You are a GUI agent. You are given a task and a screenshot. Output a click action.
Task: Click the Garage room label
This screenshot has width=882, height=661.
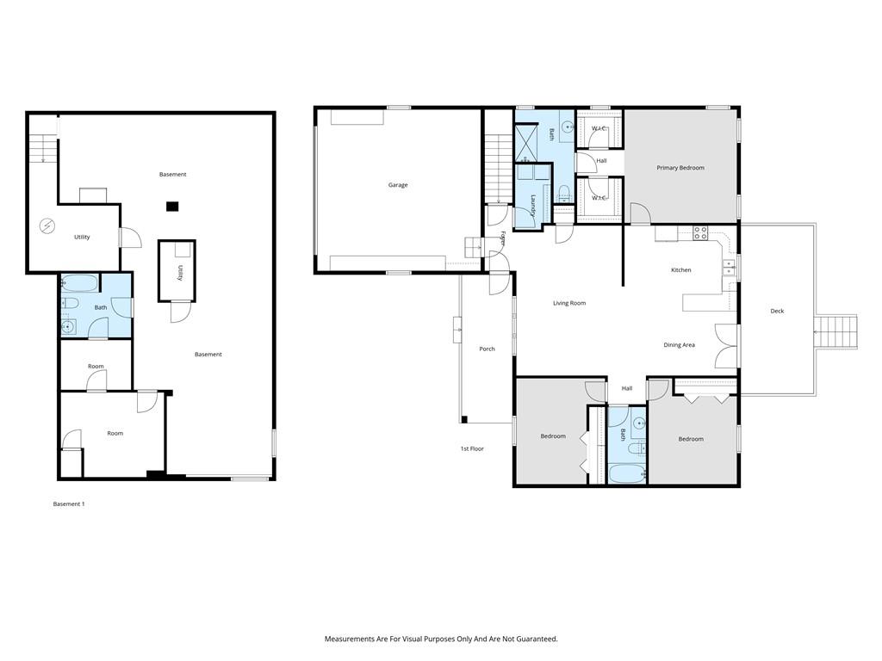pyautogui.click(x=397, y=185)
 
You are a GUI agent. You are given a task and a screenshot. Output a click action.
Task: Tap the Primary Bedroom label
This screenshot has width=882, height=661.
pyautogui.click(x=680, y=168)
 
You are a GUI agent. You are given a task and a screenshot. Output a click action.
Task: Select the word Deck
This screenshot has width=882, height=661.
pyautogui.click(x=777, y=312)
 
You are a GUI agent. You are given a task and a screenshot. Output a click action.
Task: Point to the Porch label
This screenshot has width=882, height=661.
pyautogui.click(x=487, y=349)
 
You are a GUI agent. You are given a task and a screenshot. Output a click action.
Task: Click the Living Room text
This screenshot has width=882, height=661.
pyautogui.click(x=568, y=303)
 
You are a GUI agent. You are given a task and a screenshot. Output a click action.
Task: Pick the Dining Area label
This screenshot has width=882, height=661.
pyautogui.click(x=679, y=345)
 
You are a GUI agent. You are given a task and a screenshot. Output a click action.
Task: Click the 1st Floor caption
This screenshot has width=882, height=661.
pyautogui.click(x=471, y=448)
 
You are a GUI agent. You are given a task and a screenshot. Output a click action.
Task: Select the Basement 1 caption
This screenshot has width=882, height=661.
pyautogui.click(x=69, y=503)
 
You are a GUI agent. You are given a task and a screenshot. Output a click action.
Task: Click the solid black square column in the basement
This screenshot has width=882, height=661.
pyautogui.click(x=172, y=206)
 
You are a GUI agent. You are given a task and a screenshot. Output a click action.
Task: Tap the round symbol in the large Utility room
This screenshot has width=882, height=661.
pyautogui.click(x=47, y=225)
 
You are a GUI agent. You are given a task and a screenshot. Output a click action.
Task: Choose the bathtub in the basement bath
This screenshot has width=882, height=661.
pyautogui.click(x=79, y=282)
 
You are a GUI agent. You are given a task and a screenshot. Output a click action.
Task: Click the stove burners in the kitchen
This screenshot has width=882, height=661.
pyautogui.click(x=701, y=232)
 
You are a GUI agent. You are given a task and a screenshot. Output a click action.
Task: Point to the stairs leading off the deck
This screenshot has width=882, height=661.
pyautogui.click(x=837, y=331)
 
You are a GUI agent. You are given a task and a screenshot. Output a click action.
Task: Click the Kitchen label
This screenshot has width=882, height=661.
pyautogui.click(x=680, y=270)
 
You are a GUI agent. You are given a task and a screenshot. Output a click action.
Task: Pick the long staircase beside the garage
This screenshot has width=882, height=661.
pyautogui.click(x=498, y=168)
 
